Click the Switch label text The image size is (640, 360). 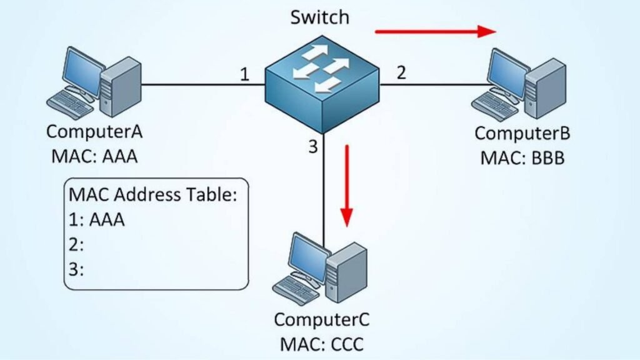320,17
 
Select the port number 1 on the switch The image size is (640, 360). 245,75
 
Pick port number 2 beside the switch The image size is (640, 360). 401,72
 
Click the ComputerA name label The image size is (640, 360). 95,133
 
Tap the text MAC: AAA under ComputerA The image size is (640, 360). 95,154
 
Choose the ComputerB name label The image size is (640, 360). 522,134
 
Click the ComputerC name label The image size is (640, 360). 322,320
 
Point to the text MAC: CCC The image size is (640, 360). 322,343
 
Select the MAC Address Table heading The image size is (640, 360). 153,195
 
